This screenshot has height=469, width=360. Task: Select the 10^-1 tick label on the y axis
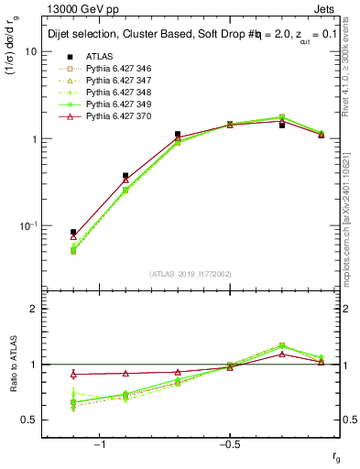point(27,225)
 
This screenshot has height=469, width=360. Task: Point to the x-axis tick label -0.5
point(228,444)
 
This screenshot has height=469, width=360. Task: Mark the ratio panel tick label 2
point(33,309)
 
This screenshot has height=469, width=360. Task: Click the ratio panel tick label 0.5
point(29,420)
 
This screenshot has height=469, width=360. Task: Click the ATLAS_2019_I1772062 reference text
point(191,274)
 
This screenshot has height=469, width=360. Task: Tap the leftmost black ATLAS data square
point(73,233)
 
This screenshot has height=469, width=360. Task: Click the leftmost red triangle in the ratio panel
point(73,374)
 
